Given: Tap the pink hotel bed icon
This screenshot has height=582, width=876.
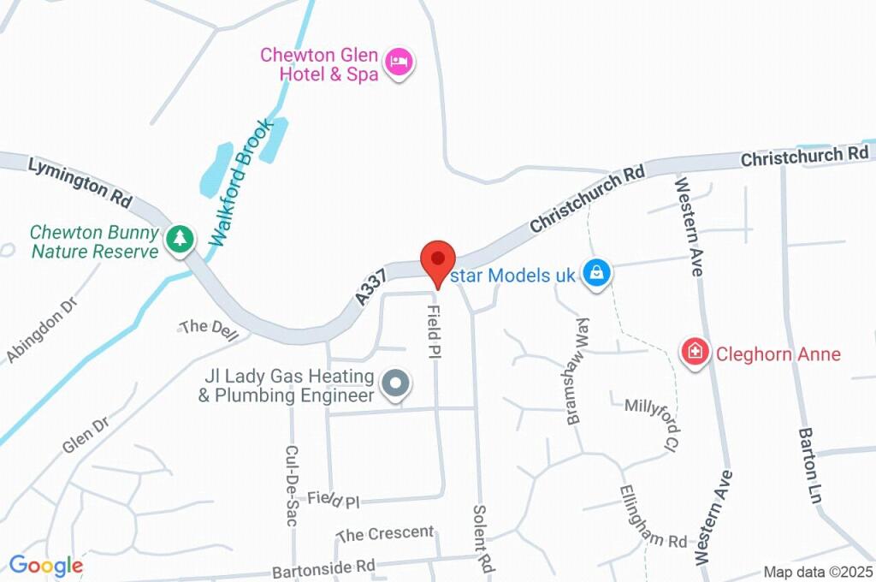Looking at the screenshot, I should click(399, 62).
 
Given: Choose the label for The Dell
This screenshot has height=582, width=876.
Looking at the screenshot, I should click(209, 330).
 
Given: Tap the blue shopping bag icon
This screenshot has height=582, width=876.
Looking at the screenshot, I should click(595, 274).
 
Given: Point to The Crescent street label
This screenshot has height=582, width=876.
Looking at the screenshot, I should click(386, 533).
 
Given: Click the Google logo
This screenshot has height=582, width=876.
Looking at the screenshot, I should click(46, 565).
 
